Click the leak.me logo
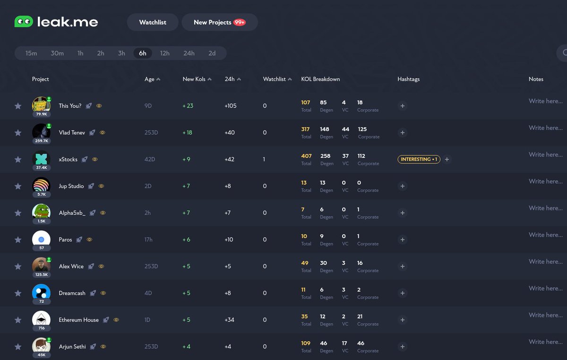tap(56, 22)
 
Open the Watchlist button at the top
tap(153, 22)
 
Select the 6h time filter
tap(142, 53)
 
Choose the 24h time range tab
tap(189, 53)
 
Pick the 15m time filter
tap(31, 53)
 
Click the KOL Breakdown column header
tap(320, 79)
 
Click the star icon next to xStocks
tap(18, 160)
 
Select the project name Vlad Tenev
tap(72, 133)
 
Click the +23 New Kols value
tap(188, 106)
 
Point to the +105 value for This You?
tap(231, 106)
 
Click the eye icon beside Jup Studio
tap(101, 186)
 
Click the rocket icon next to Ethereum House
tap(106, 320)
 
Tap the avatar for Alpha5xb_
tap(41, 211)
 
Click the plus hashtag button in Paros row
tap(403, 240)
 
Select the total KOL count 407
tap(306, 156)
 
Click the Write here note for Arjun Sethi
tap(545, 342)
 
